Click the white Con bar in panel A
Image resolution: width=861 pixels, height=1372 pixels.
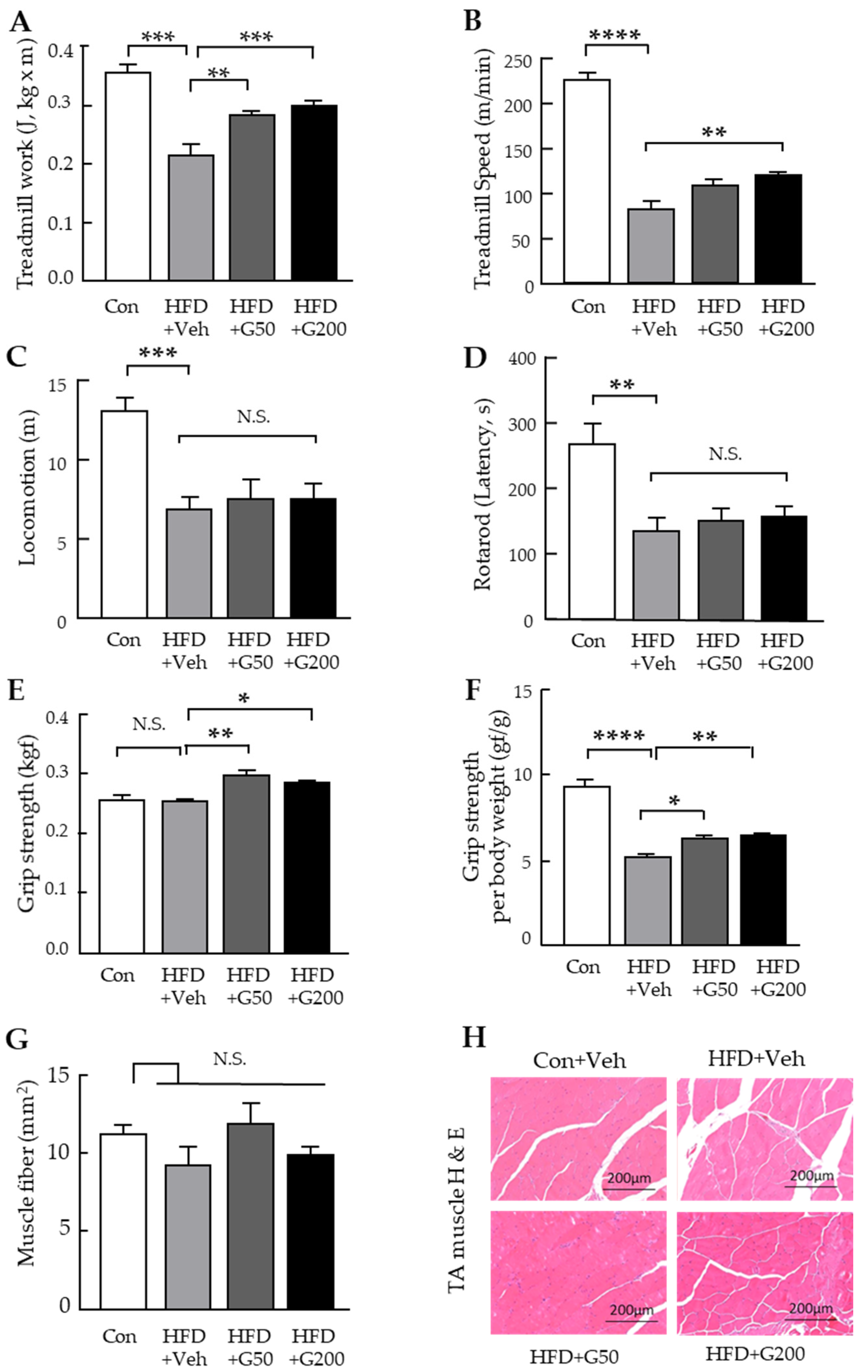pyautogui.click(x=128, y=177)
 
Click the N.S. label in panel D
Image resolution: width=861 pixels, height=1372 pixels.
pyautogui.click(x=725, y=454)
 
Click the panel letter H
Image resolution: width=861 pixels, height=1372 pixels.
pyautogui.click(x=474, y=1038)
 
